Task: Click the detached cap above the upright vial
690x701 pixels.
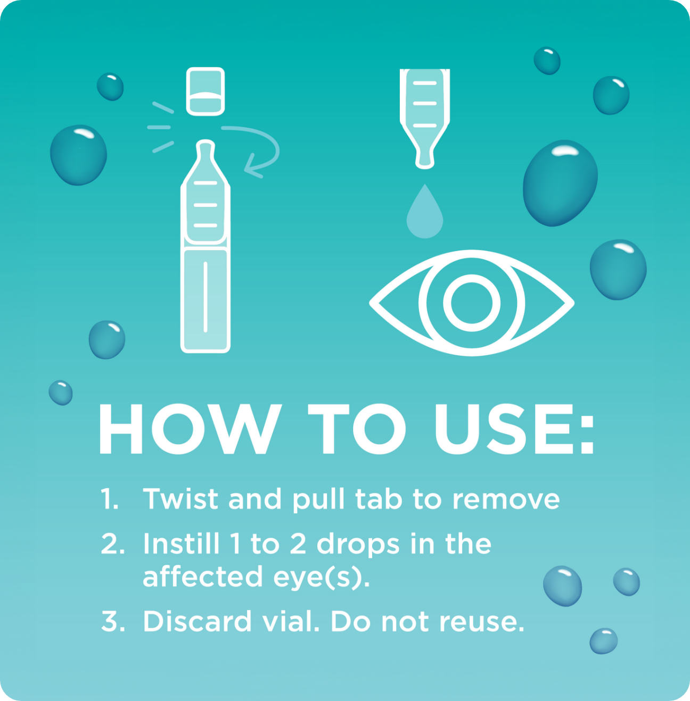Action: click(x=206, y=91)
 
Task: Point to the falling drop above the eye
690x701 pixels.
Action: click(x=424, y=213)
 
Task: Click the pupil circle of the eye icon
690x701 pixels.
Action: click(x=472, y=302)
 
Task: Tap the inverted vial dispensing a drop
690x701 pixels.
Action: click(x=424, y=114)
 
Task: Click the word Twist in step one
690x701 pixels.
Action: click(x=180, y=499)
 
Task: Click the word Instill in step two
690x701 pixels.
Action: click(x=181, y=544)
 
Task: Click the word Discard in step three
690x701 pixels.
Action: click(x=196, y=621)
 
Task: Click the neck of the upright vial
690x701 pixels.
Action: click(x=206, y=154)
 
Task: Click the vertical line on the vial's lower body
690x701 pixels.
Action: click(x=206, y=296)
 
